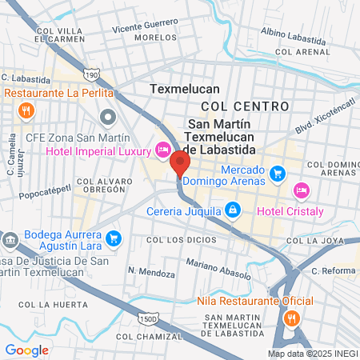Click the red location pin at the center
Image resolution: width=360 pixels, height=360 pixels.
(179, 164)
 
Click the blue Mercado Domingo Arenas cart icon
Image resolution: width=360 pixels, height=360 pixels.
(277, 172)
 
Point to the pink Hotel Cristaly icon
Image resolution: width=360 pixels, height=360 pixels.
(301, 190)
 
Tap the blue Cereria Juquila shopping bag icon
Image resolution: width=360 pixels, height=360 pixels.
(232, 210)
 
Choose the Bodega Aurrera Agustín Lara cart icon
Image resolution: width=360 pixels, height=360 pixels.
(114, 237)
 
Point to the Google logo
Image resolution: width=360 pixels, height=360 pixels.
(26, 350)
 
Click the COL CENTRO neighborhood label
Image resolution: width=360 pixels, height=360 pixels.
(244, 106)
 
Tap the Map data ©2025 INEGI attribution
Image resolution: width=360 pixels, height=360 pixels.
(311, 353)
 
